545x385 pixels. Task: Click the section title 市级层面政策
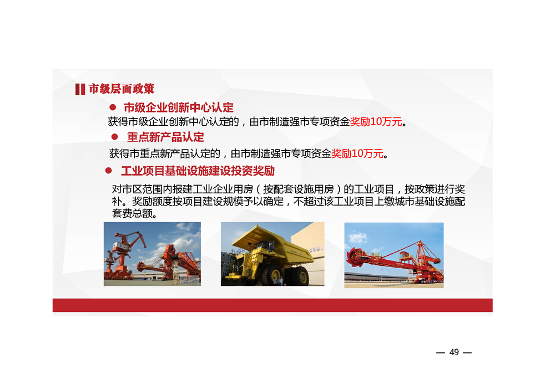(x=122, y=89)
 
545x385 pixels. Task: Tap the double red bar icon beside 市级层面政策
(x=80, y=89)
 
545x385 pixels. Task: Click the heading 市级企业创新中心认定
(x=179, y=107)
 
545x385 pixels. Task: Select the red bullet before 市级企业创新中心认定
(x=113, y=107)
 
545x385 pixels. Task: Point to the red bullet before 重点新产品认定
(x=114, y=137)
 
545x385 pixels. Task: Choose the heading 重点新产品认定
(x=165, y=137)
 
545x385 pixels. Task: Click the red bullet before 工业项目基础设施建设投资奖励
(x=108, y=170)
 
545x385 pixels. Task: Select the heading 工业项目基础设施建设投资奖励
(x=198, y=171)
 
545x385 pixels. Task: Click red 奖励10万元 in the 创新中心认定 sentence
(x=376, y=122)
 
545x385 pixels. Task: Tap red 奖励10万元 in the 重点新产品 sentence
(x=357, y=153)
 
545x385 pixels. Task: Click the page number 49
(x=454, y=352)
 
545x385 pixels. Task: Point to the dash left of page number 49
(x=440, y=353)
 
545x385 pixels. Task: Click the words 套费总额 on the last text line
(x=133, y=213)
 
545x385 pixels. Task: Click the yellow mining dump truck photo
(x=272, y=254)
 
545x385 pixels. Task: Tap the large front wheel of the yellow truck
(x=271, y=274)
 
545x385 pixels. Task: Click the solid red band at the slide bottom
(x=272, y=305)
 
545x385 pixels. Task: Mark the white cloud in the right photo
(x=357, y=238)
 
